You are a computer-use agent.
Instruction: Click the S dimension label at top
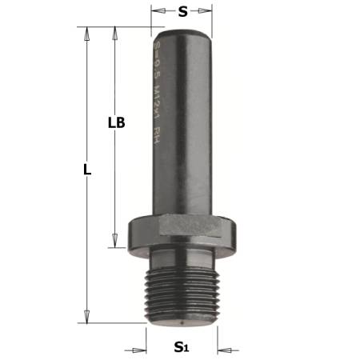coord(183,12)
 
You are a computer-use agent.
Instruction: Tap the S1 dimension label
coord(183,350)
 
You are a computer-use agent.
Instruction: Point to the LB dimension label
coord(116,123)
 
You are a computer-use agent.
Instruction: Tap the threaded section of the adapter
coord(183,294)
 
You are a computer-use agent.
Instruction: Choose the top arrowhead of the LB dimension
coord(116,33)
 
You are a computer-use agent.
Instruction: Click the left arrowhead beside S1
coord(142,350)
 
